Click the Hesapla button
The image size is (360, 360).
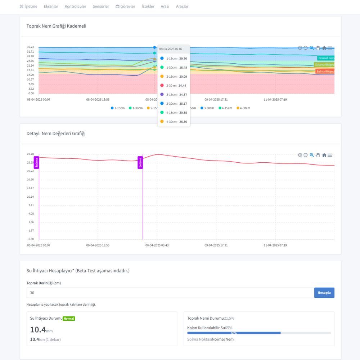[324, 293]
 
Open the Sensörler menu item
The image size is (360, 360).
[101, 6]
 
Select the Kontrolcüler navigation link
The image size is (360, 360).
[75, 6]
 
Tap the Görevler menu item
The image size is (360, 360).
[125, 6]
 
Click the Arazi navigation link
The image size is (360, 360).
[165, 6]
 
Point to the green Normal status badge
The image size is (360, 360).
[69, 319]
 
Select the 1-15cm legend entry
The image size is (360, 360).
[118, 108]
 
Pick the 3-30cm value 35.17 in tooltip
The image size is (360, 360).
[183, 104]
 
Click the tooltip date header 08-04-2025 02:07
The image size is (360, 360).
[171, 49]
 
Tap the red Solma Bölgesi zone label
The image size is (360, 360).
[325, 71]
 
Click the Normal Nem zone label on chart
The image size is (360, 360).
[326, 58]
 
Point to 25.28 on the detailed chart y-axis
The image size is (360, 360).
[30, 154]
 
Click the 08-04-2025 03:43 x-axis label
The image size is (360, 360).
[157, 245]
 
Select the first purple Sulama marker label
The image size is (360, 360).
[36, 162]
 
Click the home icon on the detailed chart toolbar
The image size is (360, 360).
[324, 155]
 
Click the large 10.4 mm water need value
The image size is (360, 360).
[38, 330]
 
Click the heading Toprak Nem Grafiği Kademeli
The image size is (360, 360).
[56, 26]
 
